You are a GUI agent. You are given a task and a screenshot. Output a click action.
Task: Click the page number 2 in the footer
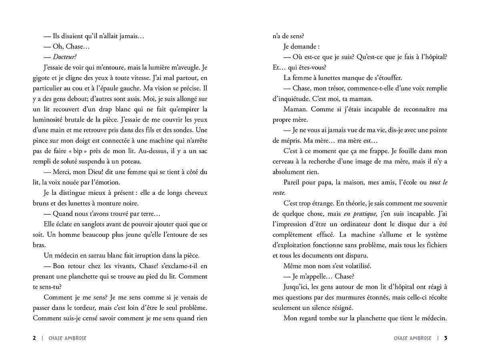coord(34,338)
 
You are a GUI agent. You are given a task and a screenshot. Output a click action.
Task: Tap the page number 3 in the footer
coord(446,338)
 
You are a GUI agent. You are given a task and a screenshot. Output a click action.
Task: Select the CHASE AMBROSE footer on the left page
coord(67,338)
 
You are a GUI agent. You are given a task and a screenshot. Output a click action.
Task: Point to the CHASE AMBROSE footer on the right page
coord(412,338)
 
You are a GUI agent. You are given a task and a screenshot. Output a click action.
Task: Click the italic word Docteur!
coord(64,57)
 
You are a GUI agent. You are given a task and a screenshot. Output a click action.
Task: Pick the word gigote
coord(42,78)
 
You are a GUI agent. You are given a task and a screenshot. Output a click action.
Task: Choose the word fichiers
coord(434,244)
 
